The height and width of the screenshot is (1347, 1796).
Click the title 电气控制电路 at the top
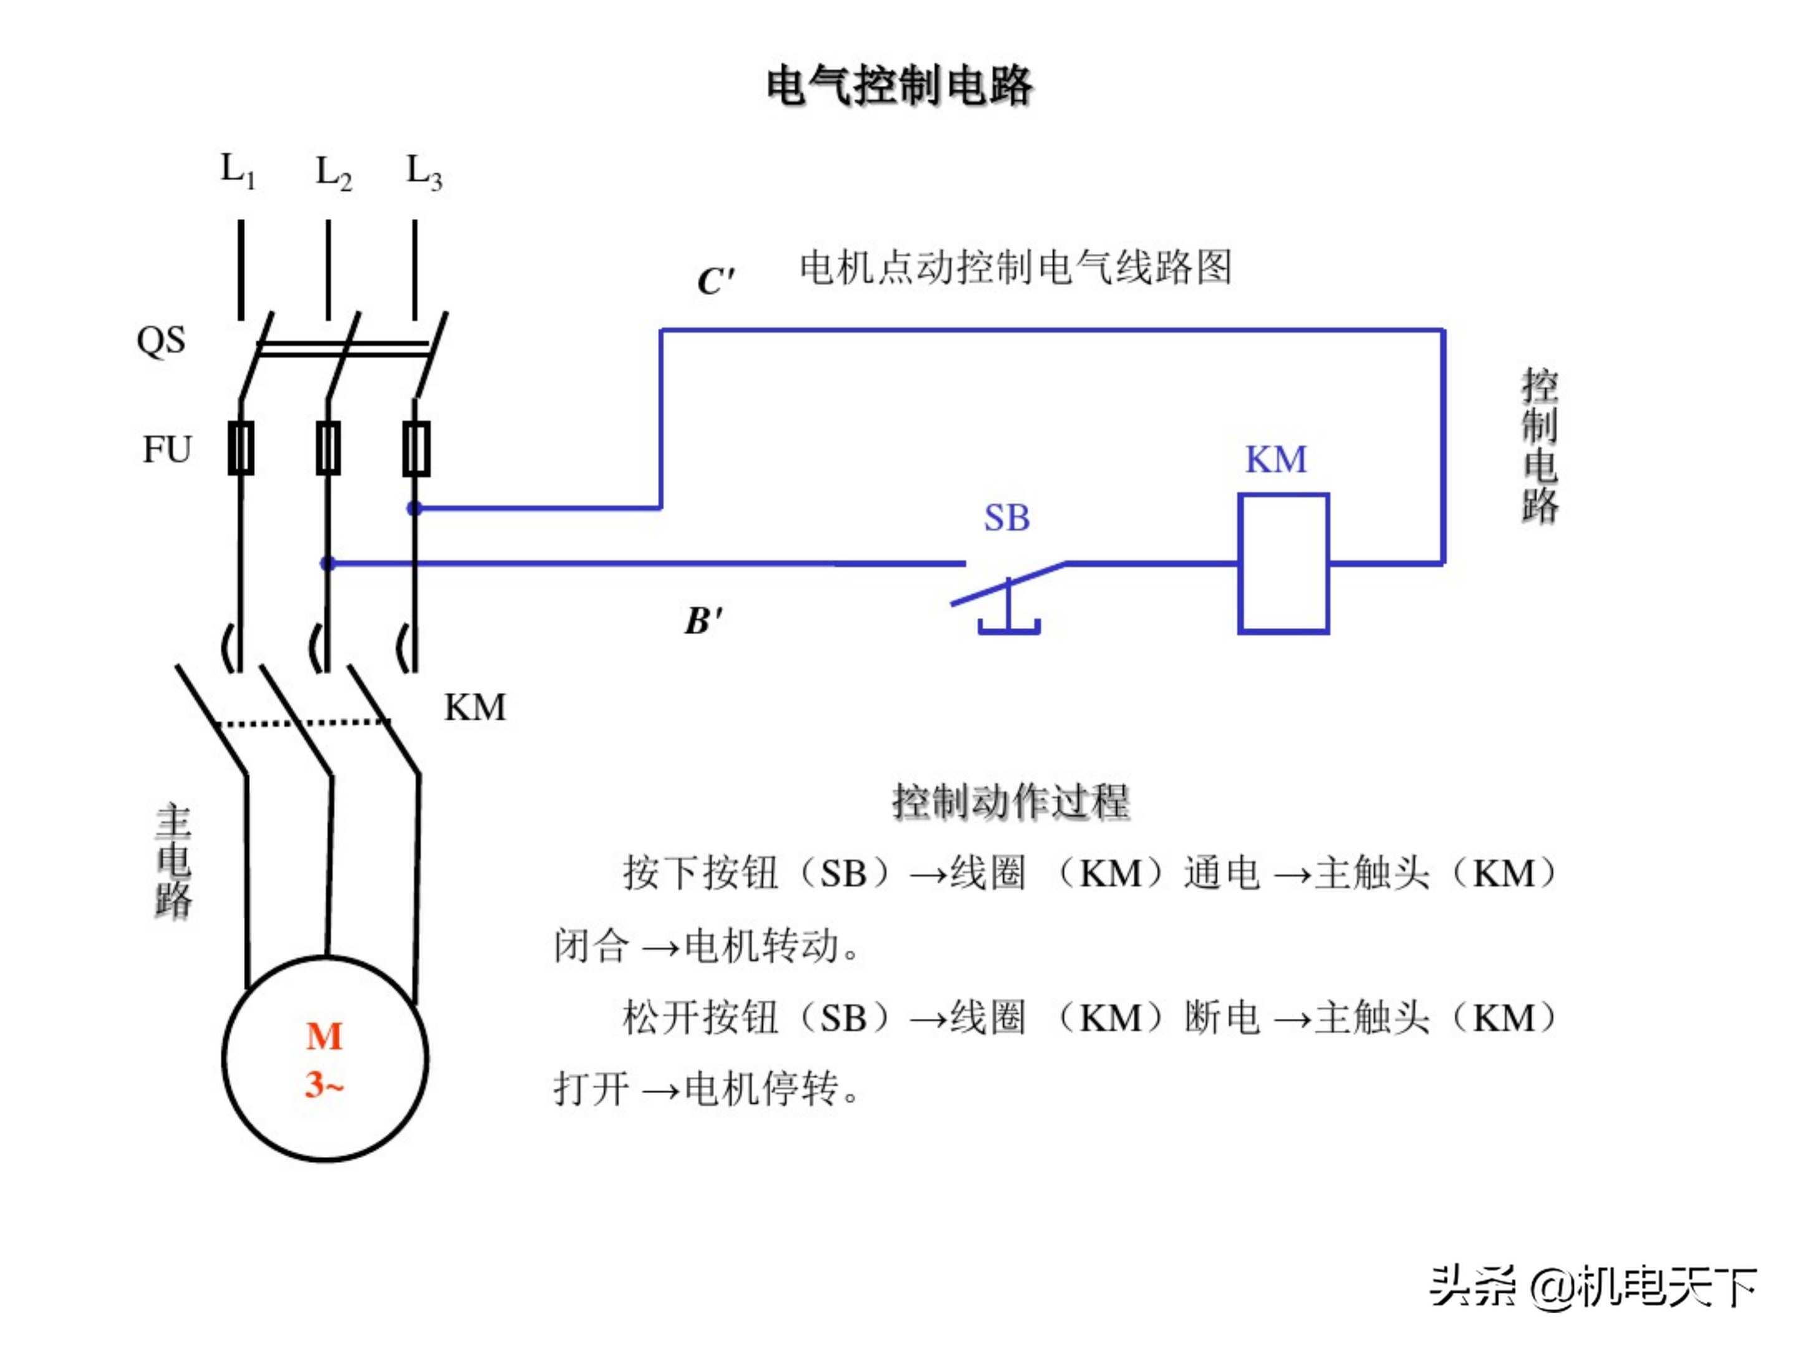(898, 85)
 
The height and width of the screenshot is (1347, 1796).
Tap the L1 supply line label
(238, 170)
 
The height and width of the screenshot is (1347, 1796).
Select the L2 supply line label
(333, 173)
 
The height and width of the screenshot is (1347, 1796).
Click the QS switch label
(161, 340)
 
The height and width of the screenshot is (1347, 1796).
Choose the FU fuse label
(167, 449)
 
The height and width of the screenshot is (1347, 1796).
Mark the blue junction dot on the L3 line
(414, 509)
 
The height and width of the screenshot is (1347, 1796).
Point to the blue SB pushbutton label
(1007, 518)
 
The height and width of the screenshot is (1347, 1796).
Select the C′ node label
(715, 281)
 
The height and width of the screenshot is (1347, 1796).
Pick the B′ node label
(703, 621)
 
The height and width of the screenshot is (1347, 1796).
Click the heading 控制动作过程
(1010, 802)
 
